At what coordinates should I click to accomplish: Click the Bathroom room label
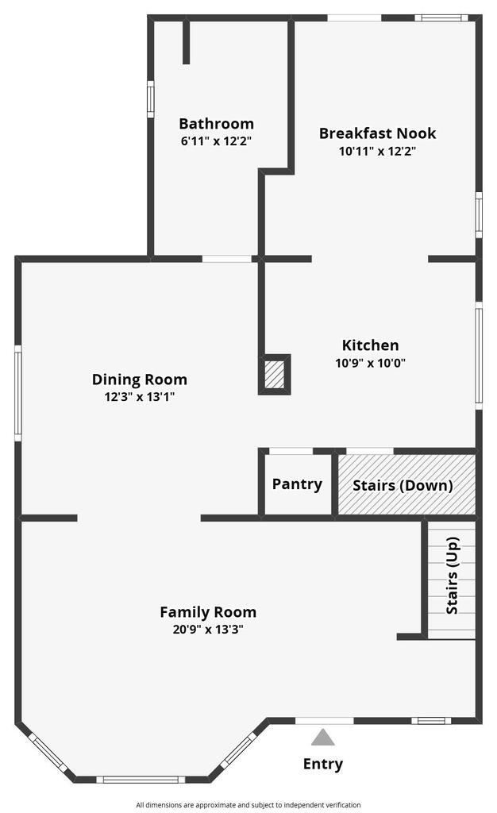[216, 124]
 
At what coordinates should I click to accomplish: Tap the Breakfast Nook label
[377, 133]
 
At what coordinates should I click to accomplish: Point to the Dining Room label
[140, 380]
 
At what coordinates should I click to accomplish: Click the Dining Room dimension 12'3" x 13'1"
[140, 397]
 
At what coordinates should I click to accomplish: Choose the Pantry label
[297, 484]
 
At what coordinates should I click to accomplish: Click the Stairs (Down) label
[403, 485]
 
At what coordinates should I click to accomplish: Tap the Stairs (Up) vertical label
[453, 576]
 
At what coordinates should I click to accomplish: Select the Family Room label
[208, 612]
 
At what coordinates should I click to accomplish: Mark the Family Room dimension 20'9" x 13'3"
[208, 630]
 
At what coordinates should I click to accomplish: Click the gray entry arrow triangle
[322, 738]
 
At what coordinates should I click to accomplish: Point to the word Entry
[323, 765]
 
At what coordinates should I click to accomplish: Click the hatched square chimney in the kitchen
[274, 374]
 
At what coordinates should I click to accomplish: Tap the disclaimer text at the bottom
[248, 804]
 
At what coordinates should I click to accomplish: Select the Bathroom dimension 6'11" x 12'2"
[216, 141]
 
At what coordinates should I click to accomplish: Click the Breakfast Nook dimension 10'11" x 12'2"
[377, 151]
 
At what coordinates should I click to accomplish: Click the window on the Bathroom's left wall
[150, 99]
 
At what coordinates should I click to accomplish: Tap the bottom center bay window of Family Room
[140, 779]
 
